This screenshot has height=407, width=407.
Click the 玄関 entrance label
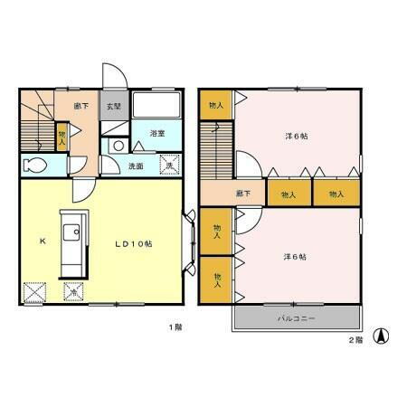coord(113,106)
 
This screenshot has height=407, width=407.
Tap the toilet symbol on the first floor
coord(33,166)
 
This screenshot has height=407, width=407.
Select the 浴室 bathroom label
coord(157,133)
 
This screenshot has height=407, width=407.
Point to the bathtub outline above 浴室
coord(157,107)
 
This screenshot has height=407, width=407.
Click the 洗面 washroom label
coord(135,166)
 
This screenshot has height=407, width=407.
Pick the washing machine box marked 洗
coord(167,165)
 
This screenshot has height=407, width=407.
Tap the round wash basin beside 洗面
coord(118,145)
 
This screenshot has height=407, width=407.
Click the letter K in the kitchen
coord(42,241)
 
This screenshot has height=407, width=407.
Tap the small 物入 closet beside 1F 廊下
coord(62,136)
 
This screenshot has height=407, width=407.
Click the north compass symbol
coord(382,336)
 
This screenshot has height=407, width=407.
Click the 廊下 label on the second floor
coord(242,194)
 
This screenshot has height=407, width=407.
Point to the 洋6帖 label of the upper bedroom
coord(296,136)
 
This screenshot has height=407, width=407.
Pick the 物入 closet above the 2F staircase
coord(215,106)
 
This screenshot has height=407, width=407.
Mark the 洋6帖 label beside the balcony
coord(296,257)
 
